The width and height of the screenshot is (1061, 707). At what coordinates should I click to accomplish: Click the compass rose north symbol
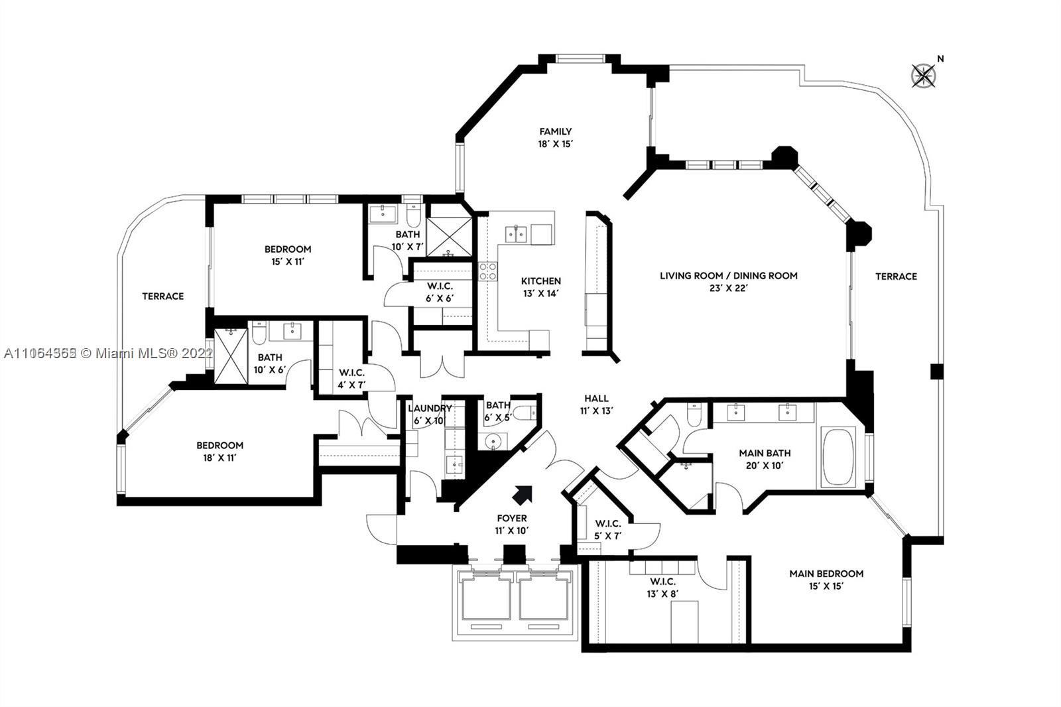[923, 76]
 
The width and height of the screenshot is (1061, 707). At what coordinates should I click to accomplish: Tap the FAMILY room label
[555, 131]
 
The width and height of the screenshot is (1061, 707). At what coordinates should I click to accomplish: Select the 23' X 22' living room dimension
[727, 289]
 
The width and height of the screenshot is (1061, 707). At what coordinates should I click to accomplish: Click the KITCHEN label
[540, 281]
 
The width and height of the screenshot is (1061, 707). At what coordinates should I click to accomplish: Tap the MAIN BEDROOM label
[826, 573]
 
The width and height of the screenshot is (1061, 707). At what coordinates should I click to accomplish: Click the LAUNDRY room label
[430, 408]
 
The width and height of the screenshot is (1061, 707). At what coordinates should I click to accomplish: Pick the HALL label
[596, 398]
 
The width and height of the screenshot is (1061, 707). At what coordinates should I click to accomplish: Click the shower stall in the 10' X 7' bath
[448, 236]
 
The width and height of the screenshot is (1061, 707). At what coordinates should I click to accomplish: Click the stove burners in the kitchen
[487, 272]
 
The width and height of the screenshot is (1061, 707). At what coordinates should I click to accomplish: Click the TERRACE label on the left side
[162, 296]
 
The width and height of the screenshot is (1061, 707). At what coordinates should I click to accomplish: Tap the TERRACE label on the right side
[895, 276]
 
